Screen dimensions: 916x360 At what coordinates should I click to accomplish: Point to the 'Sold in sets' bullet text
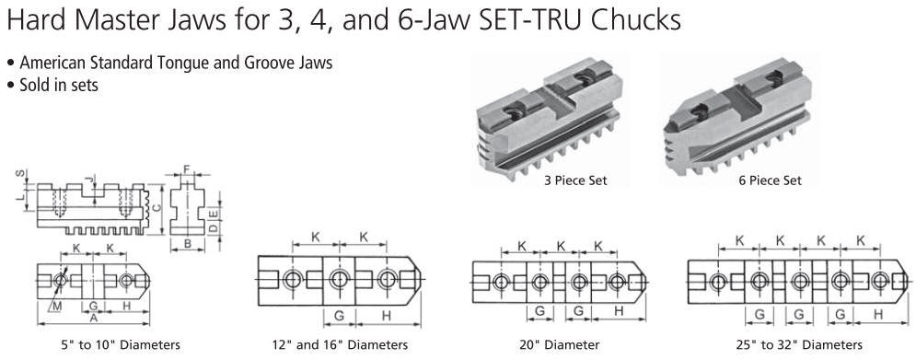tap(58, 85)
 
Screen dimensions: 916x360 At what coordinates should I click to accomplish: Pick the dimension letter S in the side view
tap(20, 174)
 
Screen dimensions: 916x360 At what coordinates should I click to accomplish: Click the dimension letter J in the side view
tap(87, 179)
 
